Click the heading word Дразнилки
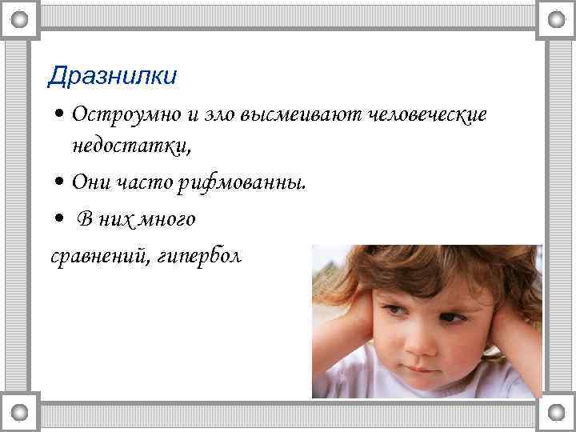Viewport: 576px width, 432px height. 112,76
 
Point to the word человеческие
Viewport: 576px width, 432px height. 429,116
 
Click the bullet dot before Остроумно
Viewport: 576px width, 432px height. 60,116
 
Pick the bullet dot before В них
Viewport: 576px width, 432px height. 60,219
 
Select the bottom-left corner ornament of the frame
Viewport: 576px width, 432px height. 18,412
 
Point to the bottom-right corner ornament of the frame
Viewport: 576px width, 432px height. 556,412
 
